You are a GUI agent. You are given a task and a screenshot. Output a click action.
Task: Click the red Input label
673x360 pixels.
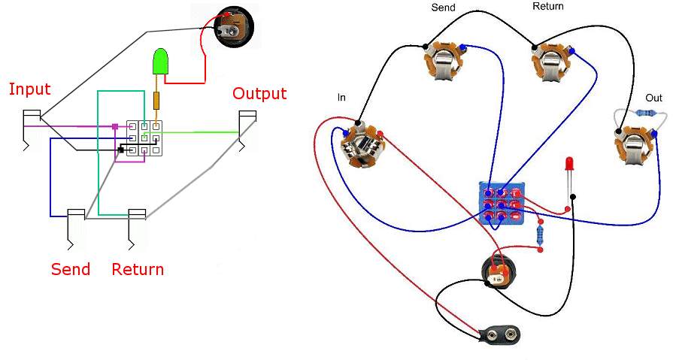coord(29,89)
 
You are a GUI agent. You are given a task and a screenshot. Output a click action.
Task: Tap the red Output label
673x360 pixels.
coord(259,94)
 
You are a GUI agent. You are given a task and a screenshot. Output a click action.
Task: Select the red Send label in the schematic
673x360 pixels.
coord(71,269)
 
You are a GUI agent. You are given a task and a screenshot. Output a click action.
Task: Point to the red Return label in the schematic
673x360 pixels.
coord(138,269)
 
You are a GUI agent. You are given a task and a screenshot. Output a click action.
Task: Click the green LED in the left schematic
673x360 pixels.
coord(160,62)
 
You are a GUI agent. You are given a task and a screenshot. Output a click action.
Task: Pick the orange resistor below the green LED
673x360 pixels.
coord(156,100)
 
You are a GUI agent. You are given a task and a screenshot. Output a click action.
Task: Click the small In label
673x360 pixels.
coord(342,98)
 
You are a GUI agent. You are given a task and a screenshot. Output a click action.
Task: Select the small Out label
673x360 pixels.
coord(653,98)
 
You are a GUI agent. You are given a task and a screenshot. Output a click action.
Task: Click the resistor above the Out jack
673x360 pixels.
coord(646,113)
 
